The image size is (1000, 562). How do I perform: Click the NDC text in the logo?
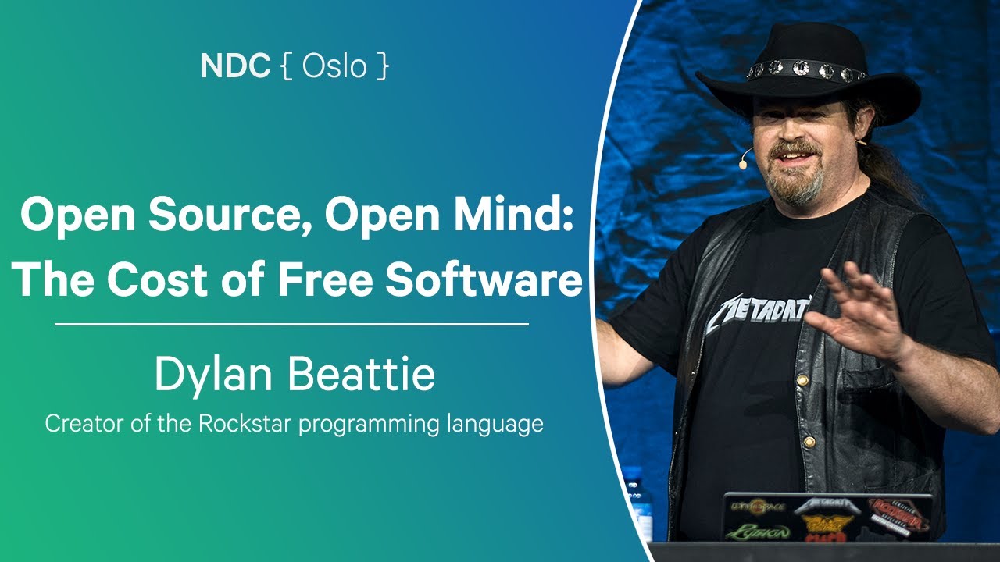tap(234, 67)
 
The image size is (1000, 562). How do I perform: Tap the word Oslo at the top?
tap(334, 67)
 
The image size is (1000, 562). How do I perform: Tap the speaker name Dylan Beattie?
tap(295, 375)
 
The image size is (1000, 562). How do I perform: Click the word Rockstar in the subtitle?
tap(244, 424)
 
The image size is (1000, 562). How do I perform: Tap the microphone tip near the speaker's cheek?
tap(744, 164)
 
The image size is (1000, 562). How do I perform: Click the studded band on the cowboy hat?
tap(805, 70)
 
